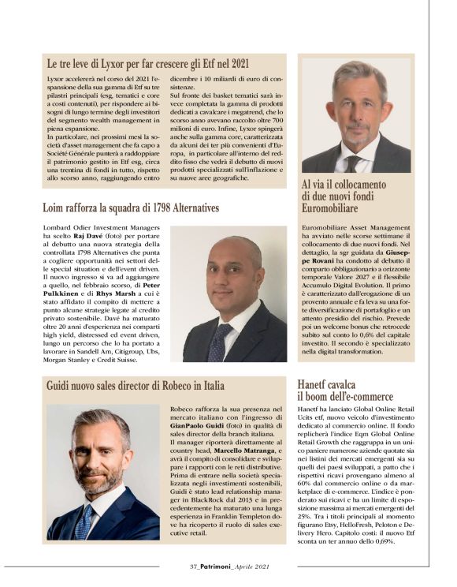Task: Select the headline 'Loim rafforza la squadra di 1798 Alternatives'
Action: pyautogui.click(x=131, y=208)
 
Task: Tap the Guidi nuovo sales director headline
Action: pyautogui.click(x=135, y=386)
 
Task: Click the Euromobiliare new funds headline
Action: pyautogui.click(x=344, y=196)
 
